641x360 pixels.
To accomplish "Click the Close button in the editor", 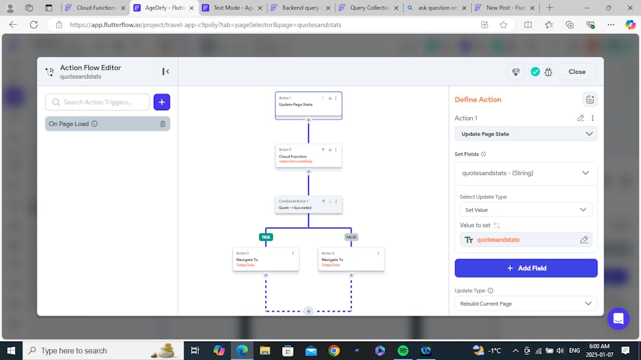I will pyautogui.click(x=577, y=72).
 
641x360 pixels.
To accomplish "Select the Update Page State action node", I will pyautogui.click(x=308, y=104).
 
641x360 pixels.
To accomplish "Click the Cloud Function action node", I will pyautogui.click(x=308, y=156).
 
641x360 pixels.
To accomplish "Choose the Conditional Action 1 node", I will pyautogui.click(x=308, y=205).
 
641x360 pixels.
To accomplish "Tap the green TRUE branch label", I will pyautogui.click(x=266, y=237).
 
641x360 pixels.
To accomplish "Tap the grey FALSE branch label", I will pyautogui.click(x=351, y=237).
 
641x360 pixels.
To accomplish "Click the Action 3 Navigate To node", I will pyautogui.click(x=265, y=259).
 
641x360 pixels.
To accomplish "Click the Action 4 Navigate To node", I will pyautogui.click(x=351, y=259).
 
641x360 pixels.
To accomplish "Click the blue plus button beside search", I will pyautogui.click(x=162, y=102).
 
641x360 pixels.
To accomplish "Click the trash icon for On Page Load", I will pyautogui.click(x=163, y=124).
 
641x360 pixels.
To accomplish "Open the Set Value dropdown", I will pyautogui.click(x=526, y=209).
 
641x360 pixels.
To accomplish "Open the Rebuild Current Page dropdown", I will pyautogui.click(x=526, y=304).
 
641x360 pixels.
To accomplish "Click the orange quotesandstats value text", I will pyautogui.click(x=498, y=240).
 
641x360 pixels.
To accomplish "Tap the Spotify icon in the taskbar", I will pyautogui.click(x=403, y=350).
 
